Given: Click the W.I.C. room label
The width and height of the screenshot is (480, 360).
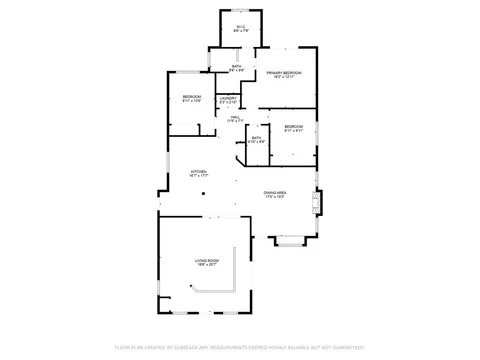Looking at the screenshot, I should [x=240, y=26].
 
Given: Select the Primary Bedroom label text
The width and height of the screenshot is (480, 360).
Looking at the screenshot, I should [x=283, y=74].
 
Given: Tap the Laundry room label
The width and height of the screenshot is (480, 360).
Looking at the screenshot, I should [x=228, y=98].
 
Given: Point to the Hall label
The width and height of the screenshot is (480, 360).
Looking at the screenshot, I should [x=234, y=116].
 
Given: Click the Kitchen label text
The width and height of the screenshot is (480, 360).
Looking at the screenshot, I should [x=199, y=171].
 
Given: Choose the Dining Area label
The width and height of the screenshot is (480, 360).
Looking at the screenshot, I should [x=276, y=192].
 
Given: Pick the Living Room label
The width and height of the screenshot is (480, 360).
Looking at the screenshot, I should [x=206, y=260].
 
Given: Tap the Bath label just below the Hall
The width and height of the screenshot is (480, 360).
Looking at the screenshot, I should [x=257, y=138].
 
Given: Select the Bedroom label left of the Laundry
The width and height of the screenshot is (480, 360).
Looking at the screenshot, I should [x=192, y=97].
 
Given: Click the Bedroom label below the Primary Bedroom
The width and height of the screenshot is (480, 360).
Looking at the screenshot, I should [x=293, y=126].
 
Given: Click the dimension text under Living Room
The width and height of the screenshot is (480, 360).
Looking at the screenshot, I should [x=206, y=265].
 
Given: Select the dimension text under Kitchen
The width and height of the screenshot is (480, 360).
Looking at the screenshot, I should [x=199, y=176].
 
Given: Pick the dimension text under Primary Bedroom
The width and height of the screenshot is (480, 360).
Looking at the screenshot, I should [x=283, y=79].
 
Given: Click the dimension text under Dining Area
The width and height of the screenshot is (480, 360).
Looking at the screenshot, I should [x=276, y=197].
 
